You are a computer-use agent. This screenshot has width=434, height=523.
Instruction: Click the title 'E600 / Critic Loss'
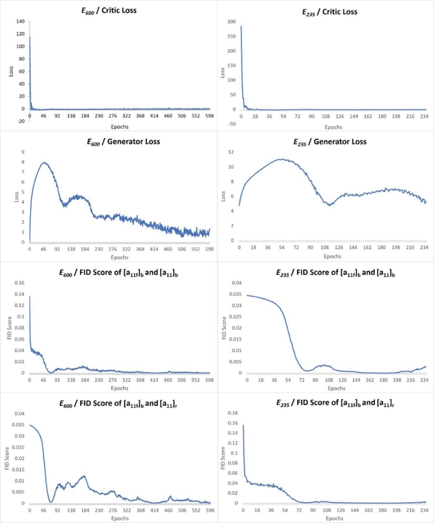108,12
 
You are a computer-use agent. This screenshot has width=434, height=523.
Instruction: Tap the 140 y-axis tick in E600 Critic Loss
20,22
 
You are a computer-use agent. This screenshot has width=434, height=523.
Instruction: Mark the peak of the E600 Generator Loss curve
45,163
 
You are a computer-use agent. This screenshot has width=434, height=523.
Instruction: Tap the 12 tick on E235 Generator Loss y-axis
231,152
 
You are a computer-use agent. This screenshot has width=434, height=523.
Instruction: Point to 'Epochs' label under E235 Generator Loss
332,257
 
